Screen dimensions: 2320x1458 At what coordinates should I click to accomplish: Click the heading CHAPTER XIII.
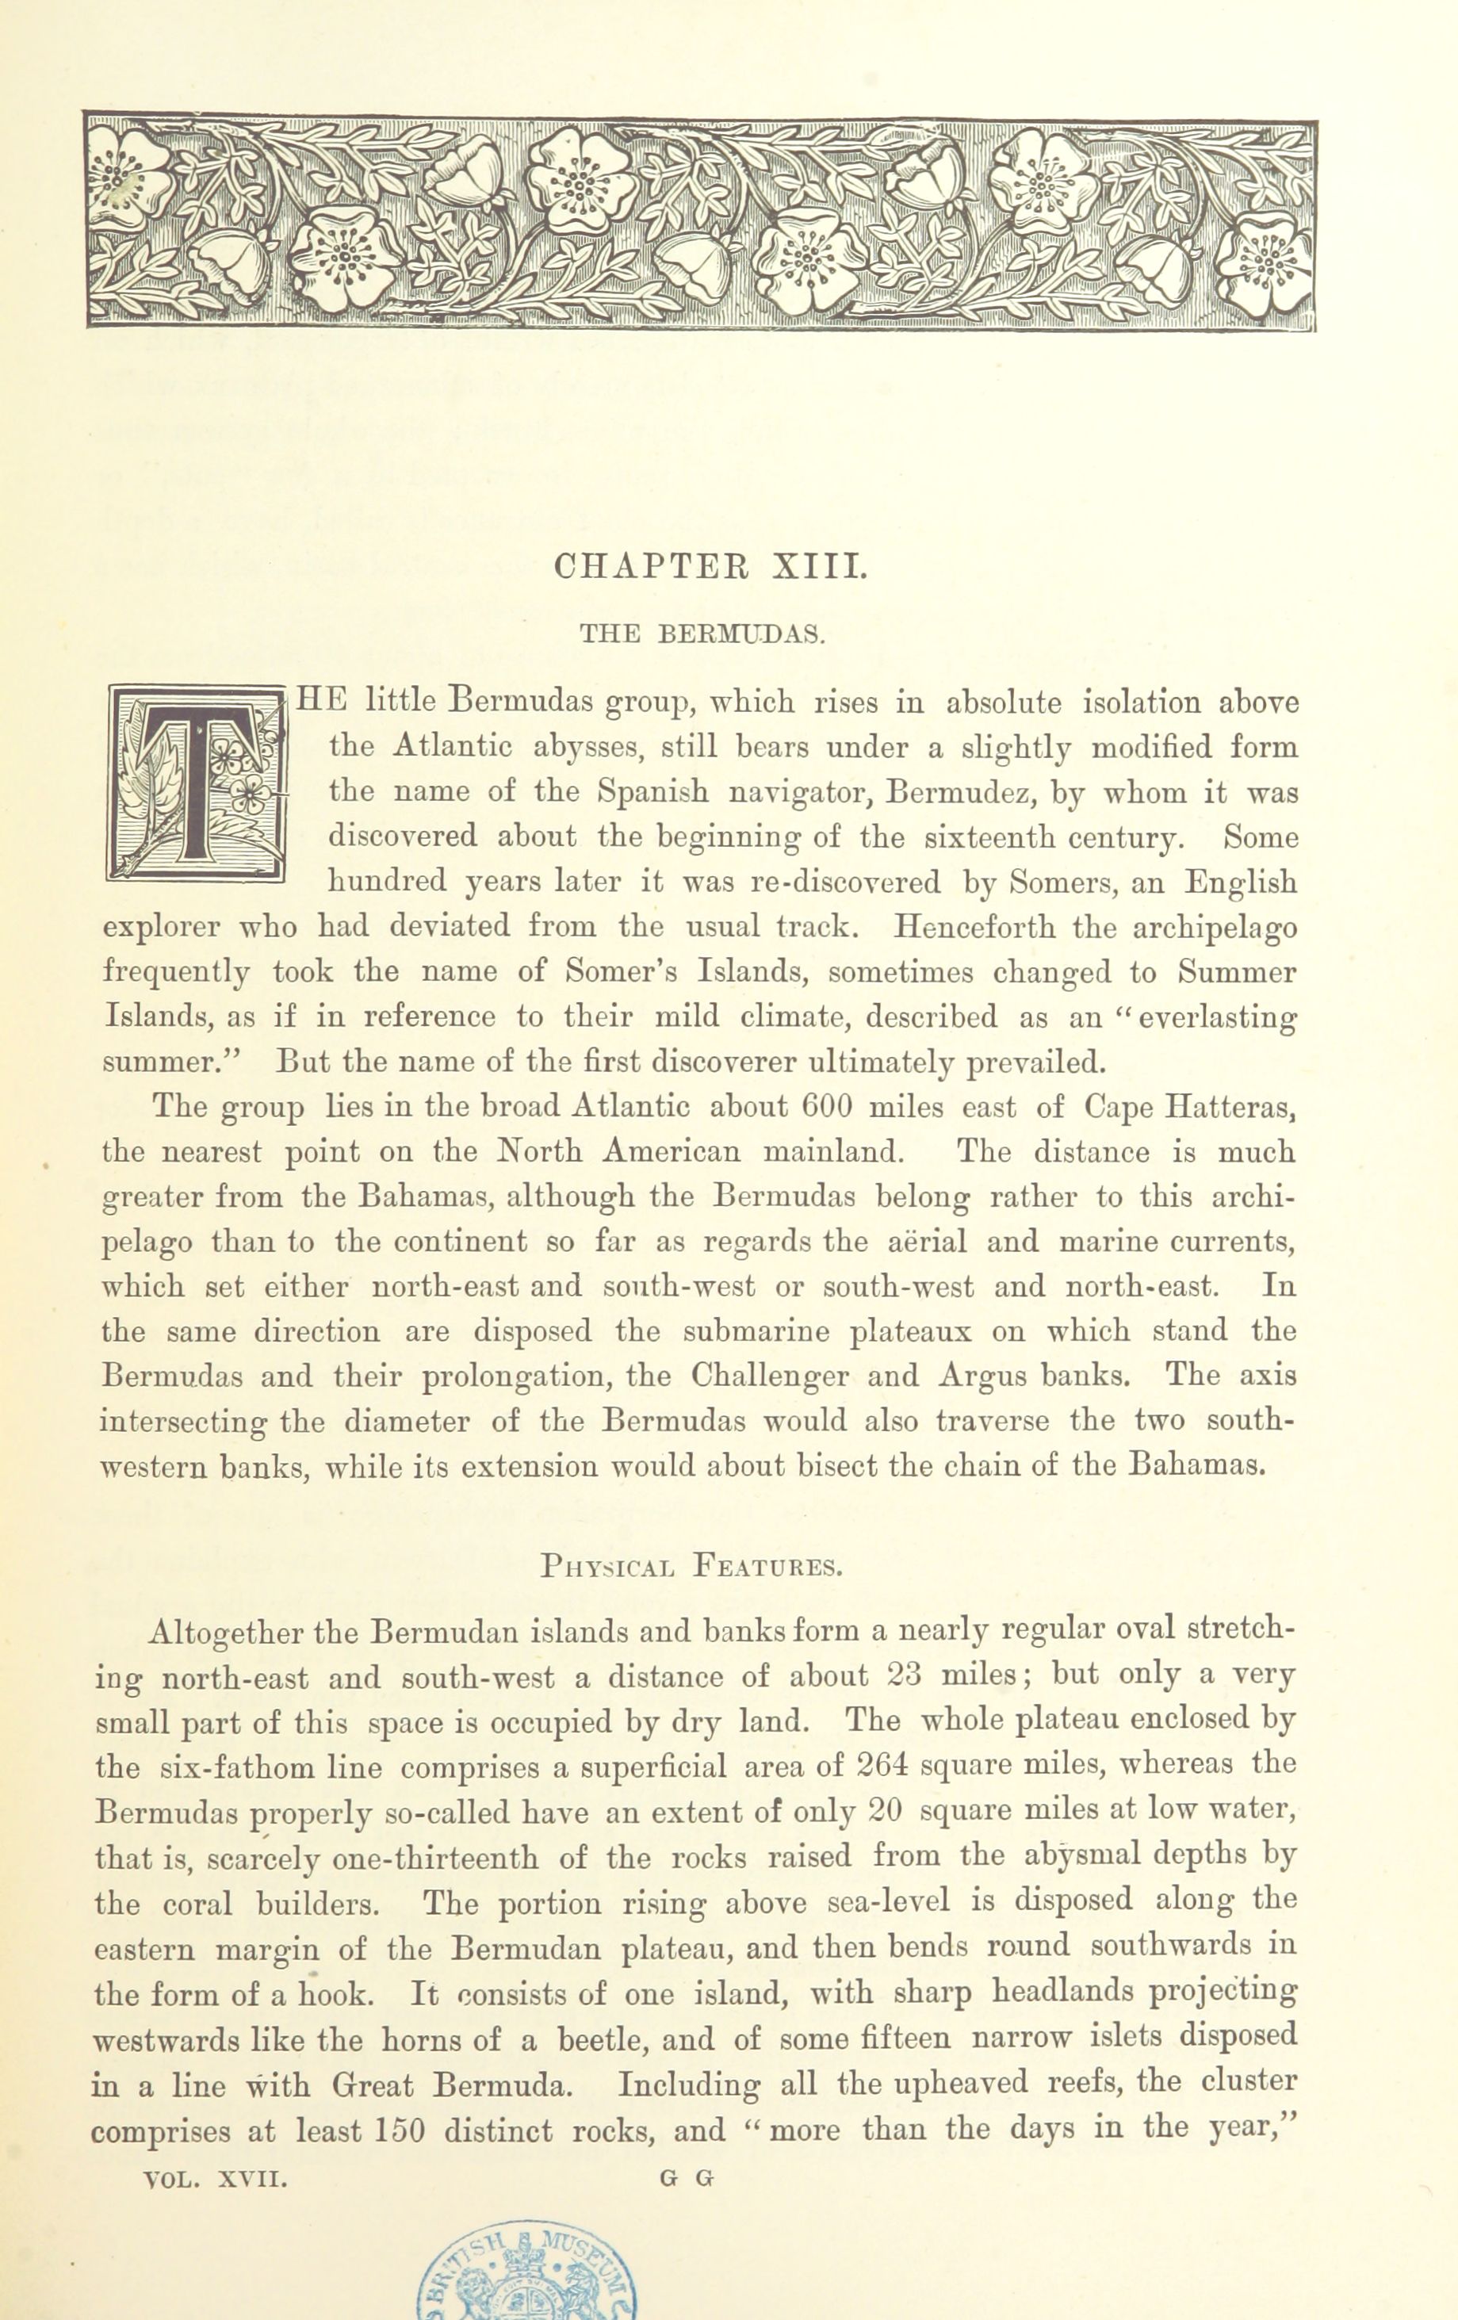[x=711, y=565]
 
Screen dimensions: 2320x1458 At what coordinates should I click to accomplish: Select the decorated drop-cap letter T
[x=197, y=783]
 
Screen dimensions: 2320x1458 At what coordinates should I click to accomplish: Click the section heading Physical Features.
[x=692, y=1567]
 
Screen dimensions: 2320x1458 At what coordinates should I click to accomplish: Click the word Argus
[x=981, y=1376]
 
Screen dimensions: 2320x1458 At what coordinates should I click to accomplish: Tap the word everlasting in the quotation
[x=1217, y=1017]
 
